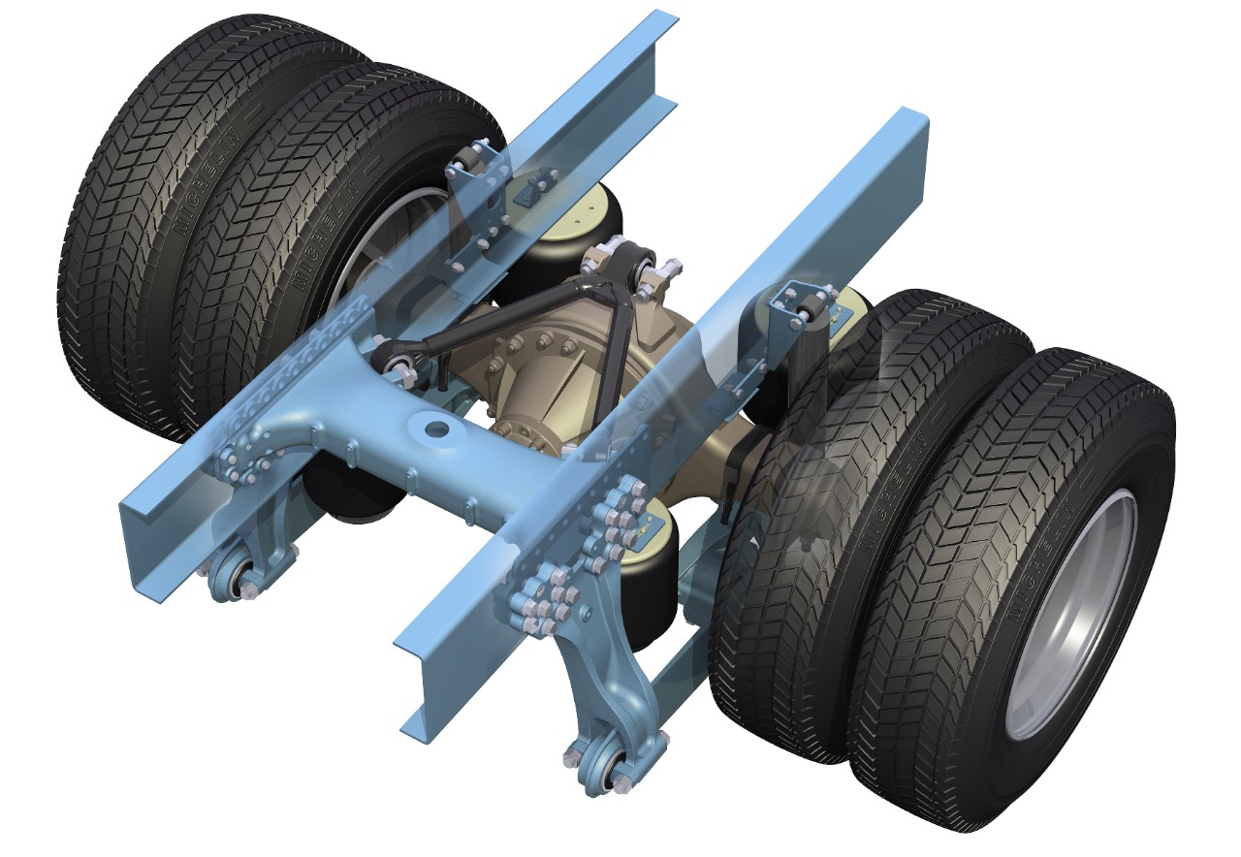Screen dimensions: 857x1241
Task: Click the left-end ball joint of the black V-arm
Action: [x=393, y=361]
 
